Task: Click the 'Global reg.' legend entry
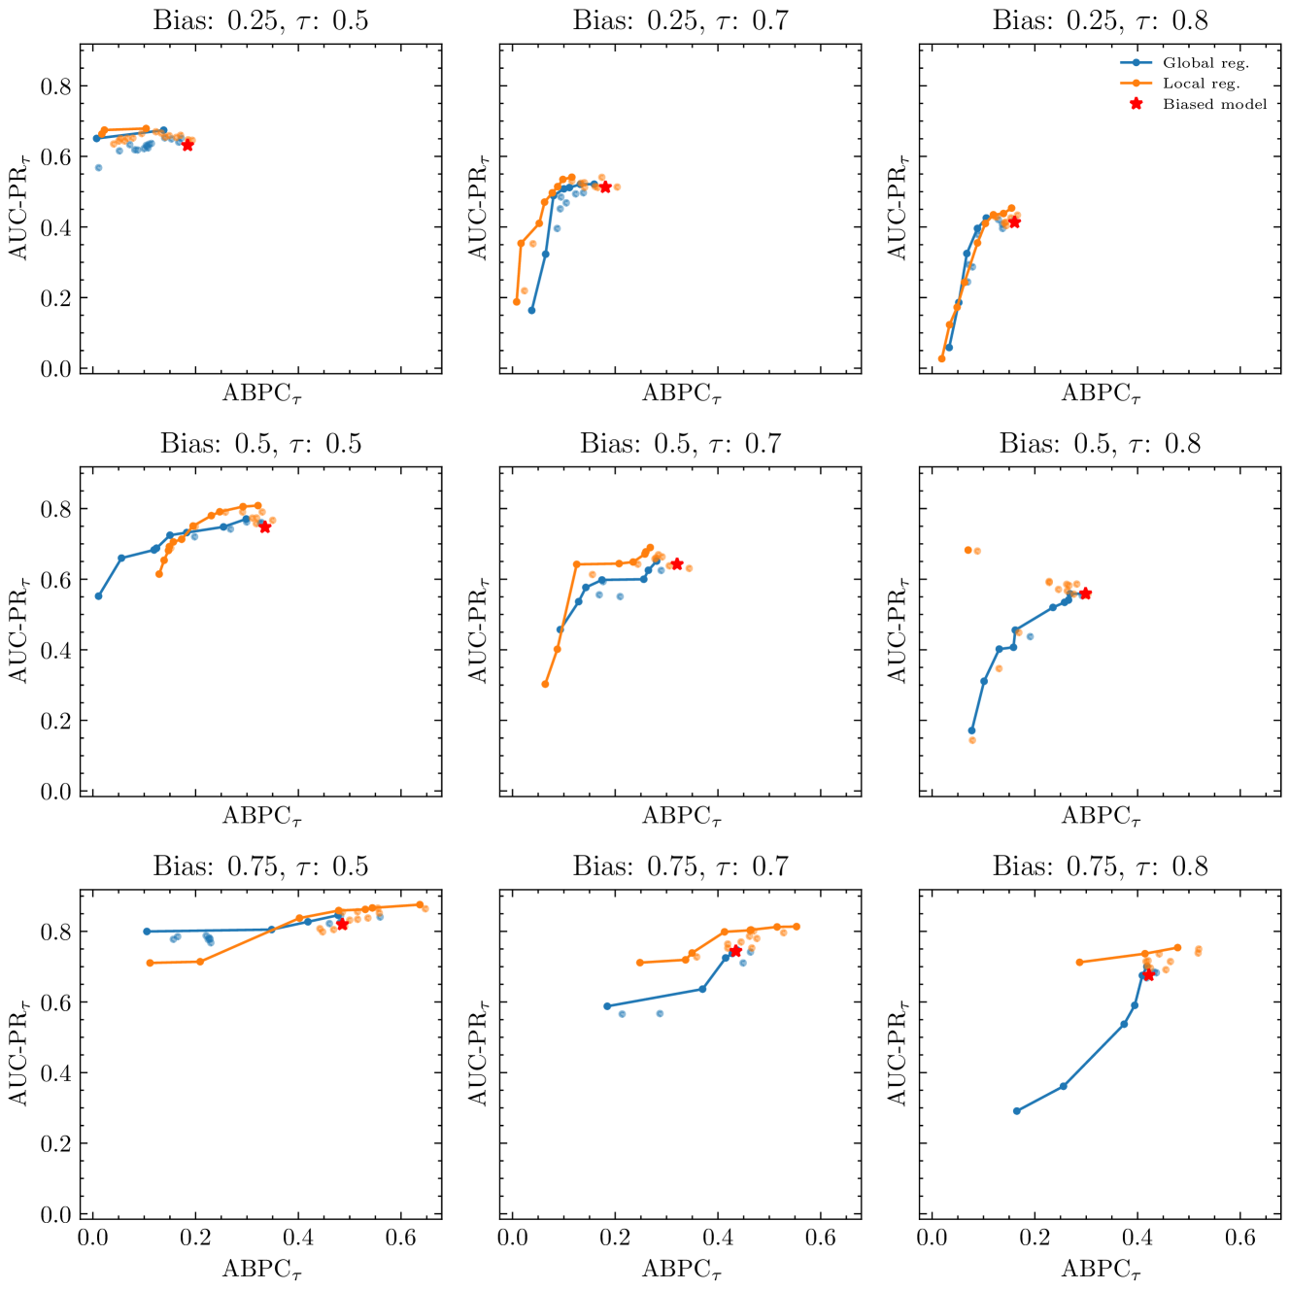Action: pyautogui.click(x=1205, y=63)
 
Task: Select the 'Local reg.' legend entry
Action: pyautogui.click(x=1201, y=84)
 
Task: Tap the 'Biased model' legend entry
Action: pyautogui.click(x=1214, y=104)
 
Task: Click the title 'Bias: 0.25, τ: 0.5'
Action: pyautogui.click(x=260, y=20)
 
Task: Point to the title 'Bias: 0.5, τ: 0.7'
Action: pyautogui.click(x=680, y=444)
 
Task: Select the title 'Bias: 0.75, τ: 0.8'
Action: pyautogui.click(x=1100, y=866)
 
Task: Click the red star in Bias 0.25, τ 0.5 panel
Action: pyautogui.click(x=187, y=145)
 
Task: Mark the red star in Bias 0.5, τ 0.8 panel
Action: pyautogui.click(x=1086, y=594)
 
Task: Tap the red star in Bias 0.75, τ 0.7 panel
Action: pyautogui.click(x=735, y=951)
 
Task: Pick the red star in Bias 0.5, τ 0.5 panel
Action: pyautogui.click(x=265, y=526)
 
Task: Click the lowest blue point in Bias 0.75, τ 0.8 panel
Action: pyautogui.click(x=1017, y=1111)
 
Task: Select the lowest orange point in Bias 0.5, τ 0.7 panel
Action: pyautogui.click(x=545, y=684)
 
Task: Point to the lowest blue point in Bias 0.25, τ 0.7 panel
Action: pyautogui.click(x=531, y=310)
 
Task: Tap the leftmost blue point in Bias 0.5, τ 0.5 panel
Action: pyautogui.click(x=98, y=595)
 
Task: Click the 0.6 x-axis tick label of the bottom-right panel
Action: pyautogui.click(x=1240, y=1239)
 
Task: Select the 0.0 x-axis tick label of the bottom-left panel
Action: pyautogui.click(x=93, y=1239)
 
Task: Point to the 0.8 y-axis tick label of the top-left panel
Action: pyautogui.click(x=55, y=86)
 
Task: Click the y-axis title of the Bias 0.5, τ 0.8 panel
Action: pyautogui.click(x=896, y=631)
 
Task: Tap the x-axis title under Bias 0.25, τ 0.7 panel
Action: pyautogui.click(x=680, y=393)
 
